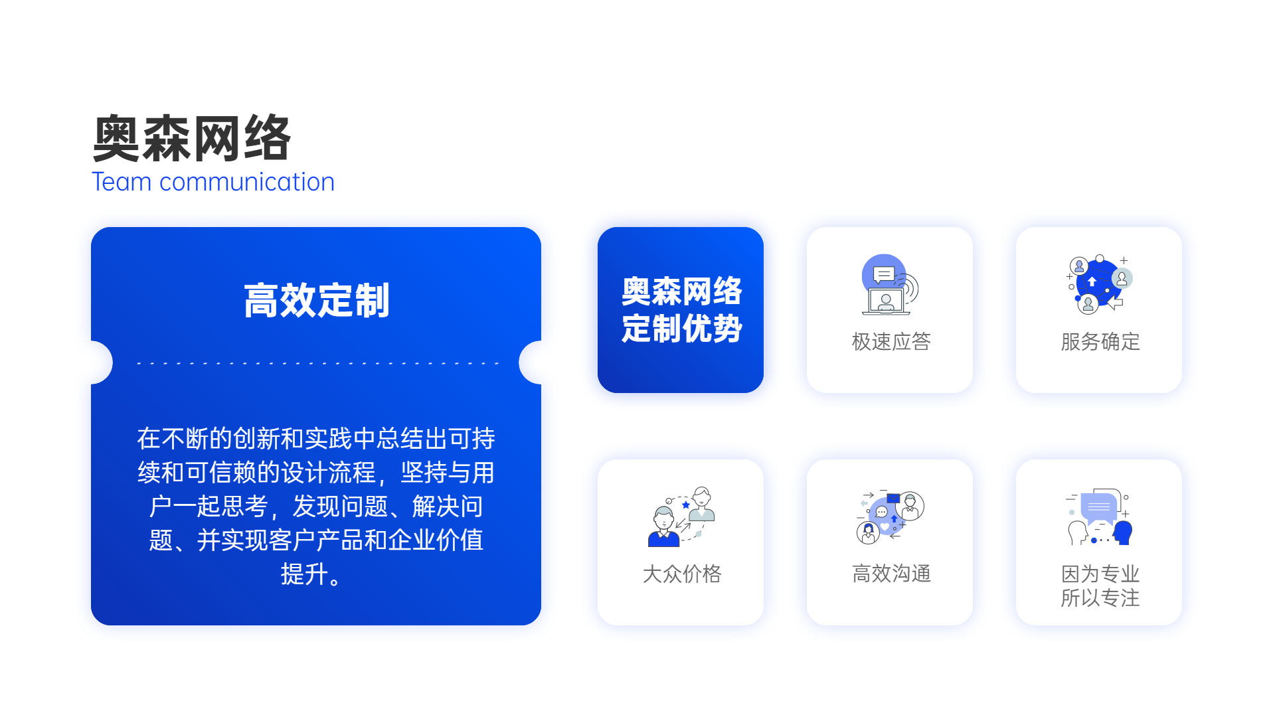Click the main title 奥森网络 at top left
pos(192,138)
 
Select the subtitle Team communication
pos(213,182)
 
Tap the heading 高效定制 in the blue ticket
pos(316,300)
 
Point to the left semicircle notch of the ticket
pos(102,362)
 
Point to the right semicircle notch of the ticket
pos(530,362)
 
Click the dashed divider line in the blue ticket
pos(317,363)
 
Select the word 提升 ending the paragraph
pos(304,574)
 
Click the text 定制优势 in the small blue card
pos(681,329)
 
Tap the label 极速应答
pos(891,341)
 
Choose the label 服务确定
pos(1100,341)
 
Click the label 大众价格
pos(681,574)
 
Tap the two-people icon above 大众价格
pos(681,517)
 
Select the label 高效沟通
pos(891,574)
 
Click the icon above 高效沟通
pos(890,517)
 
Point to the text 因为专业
pos(1100,574)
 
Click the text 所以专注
pos(1100,597)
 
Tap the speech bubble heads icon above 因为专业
pos(1099,517)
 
